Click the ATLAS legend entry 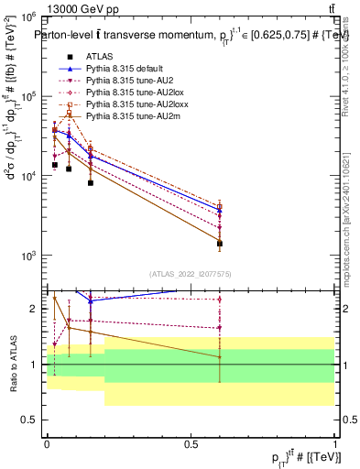(101, 55)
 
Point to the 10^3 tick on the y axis (31, 256)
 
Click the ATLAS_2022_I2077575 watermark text (191, 273)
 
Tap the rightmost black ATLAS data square (220, 244)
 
